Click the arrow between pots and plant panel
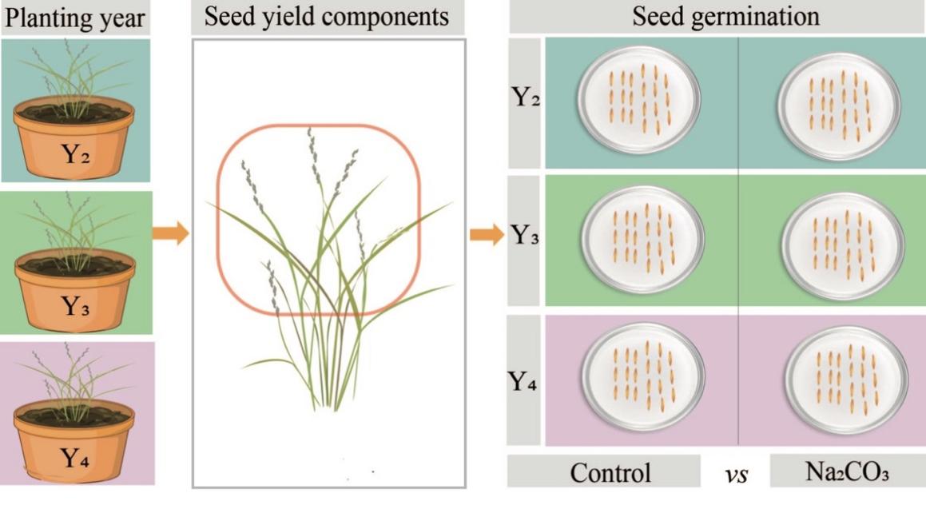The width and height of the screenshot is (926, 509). tap(173, 234)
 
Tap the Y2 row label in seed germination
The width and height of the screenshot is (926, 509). tap(526, 101)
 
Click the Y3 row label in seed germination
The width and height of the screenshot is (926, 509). tap(526, 237)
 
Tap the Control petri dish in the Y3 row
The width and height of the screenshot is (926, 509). tap(644, 237)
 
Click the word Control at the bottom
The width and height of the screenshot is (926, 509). tap(610, 473)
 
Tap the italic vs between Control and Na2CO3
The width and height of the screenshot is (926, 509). tap(736, 475)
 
